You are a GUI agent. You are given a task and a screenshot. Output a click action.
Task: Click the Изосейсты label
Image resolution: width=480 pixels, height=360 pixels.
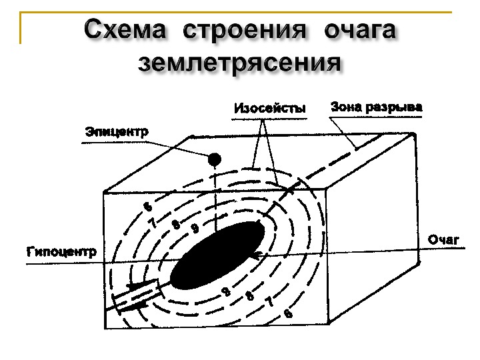click(x=269, y=108)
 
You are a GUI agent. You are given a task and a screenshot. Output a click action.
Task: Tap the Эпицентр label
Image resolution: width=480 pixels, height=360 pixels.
click(x=117, y=131)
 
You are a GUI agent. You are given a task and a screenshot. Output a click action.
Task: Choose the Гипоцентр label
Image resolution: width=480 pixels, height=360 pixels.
click(x=61, y=252)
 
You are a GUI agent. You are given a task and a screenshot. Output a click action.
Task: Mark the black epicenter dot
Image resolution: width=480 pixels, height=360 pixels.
click(x=215, y=159)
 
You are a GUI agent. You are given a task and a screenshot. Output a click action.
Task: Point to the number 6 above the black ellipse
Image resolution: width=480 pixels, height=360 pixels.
click(x=148, y=207)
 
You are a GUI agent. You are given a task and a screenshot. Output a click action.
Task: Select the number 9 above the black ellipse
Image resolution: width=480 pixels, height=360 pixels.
click(x=195, y=229)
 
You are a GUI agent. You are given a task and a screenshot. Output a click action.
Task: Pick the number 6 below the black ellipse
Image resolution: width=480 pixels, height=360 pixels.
click(x=287, y=313)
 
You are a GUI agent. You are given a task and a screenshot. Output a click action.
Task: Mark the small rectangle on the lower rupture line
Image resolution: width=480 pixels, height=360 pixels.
click(x=137, y=293)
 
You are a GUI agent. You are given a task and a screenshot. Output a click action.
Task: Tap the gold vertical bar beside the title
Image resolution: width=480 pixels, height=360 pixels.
click(x=21, y=27)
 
